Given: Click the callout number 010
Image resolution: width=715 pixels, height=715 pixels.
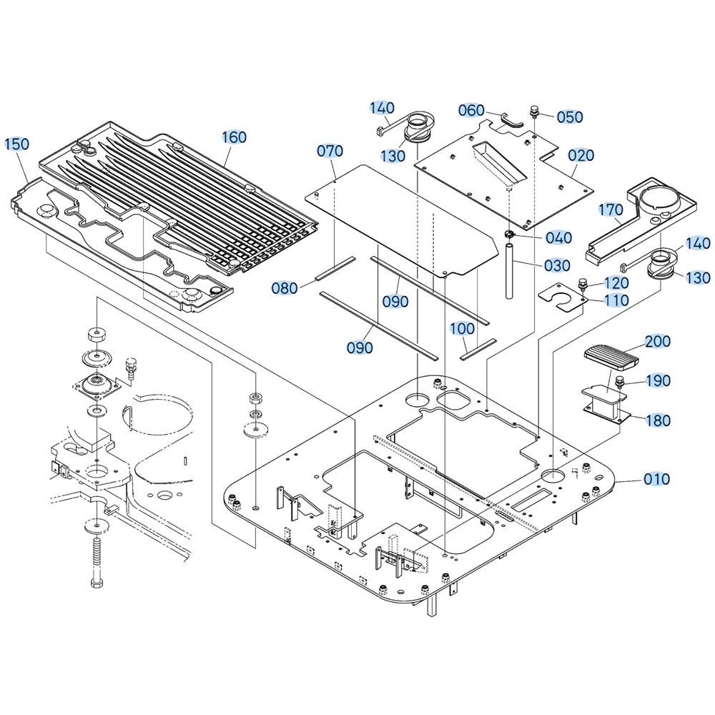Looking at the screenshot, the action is pyautogui.click(x=656, y=479).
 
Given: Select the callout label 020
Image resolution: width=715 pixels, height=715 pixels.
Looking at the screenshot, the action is pyautogui.click(x=581, y=155).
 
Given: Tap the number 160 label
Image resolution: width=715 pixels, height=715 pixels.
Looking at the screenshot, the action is pyautogui.click(x=234, y=137).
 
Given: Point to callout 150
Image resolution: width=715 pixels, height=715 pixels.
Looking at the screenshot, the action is pyautogui.click(x=17, y=144).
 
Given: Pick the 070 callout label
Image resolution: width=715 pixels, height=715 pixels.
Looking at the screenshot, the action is pyautogui.click(x=330, y=151).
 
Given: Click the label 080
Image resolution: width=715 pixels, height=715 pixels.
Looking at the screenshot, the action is pyautogui.click(x=284, y=287).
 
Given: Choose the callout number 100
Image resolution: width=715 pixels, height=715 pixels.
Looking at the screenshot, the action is pyautogui.click(x=462, y=329).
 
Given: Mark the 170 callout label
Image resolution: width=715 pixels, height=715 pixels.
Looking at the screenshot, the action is pyautogui.click(x=611, y=209).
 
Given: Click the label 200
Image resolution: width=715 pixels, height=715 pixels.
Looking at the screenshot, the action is pyautogui.click(x=657, y=341).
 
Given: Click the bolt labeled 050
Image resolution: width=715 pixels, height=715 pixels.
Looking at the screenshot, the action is pyautogui.click(x=533, y=111).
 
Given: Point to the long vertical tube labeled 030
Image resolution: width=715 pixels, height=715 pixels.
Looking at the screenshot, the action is pyautogui.click(x=509, y=271).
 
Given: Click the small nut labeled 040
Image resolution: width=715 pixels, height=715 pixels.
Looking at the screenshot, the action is pyautogui.click(x=509, y=235).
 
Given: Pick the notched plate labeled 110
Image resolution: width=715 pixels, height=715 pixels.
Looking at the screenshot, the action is pyautogui.click(x=562, y=297).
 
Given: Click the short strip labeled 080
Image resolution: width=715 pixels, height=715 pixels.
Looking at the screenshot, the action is pyautogui.click(x=335, y=269).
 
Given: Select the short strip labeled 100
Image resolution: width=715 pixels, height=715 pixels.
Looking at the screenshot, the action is pyautogui.click(x=478, y=349).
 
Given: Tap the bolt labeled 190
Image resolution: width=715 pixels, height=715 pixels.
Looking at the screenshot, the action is pyautogui.click(x=619, y=382).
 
